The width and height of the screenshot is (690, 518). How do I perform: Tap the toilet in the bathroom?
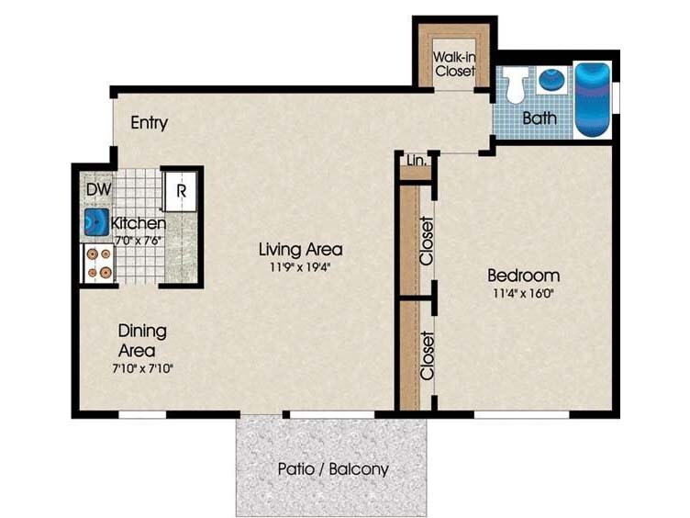coord(516,84)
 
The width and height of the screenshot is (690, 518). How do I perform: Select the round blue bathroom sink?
coord(551,80)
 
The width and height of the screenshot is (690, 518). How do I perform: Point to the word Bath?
coord(540,118)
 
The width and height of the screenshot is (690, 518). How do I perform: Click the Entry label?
coord(149,123)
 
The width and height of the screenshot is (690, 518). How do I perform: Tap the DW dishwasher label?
coord(98,189)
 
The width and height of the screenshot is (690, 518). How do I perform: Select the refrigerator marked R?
coord(182,191)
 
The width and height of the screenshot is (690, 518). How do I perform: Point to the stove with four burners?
coord(97,264)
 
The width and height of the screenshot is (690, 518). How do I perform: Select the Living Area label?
coord(300,249)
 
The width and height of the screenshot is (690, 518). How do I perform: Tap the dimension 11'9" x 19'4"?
coord(300,268)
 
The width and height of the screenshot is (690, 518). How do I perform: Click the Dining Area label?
coord(141,341)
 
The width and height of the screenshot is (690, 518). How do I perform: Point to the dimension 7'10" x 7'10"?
coord(141,368)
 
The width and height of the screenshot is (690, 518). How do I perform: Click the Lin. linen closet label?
coord(416,162)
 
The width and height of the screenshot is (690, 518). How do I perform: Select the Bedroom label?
coord(523,276)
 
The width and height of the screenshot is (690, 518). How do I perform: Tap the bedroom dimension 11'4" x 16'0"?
coord(523,295)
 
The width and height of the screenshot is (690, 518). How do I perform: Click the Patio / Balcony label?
coord(333,469)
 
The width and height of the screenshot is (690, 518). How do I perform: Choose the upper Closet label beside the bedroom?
coord(426,241)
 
